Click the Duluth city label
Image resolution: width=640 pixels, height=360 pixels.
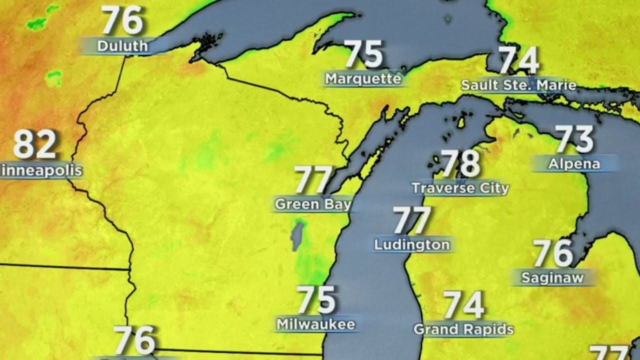coord(122,46)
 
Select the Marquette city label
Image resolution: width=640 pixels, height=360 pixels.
coord(363,79)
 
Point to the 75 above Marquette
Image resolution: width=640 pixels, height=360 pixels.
coord(363,54)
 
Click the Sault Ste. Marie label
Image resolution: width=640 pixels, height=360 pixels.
coord(518,85)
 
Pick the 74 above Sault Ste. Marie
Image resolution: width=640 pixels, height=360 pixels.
coord(519,60)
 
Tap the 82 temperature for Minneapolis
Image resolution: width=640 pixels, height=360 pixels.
coord(34,144)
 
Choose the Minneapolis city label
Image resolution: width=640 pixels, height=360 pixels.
coord(41,171)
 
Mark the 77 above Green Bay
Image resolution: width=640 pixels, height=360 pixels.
coord(313,180)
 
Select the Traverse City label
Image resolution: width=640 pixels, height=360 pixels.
coord(460,188)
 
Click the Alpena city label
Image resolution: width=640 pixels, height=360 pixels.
coord(574,164)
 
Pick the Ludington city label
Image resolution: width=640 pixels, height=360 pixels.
coord(412,245)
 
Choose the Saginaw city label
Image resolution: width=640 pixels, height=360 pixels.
coord(552,278)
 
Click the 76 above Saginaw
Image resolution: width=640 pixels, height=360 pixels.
coord(552,253)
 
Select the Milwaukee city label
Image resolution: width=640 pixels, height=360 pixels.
coord(316,324)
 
